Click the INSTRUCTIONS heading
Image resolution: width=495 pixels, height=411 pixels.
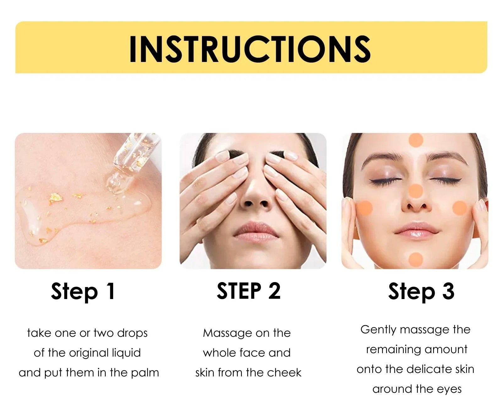[250, 49]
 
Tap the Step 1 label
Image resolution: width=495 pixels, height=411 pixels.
[83, 292]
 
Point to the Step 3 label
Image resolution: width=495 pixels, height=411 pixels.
[421, 292]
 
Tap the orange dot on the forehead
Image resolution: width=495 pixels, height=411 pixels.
[416, 140]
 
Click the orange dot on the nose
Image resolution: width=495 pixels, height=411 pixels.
[416, 191]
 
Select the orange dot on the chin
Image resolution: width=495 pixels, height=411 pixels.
[416, 259]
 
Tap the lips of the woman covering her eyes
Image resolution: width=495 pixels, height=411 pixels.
[256, 229]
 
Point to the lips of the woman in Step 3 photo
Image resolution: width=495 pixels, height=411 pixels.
[416, 230]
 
